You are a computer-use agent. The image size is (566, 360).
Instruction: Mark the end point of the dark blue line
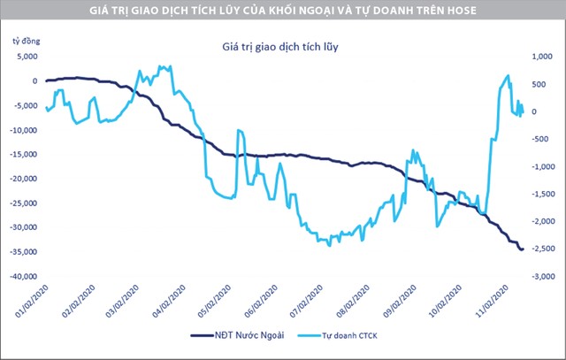pyautogui.click(x=522, y=249)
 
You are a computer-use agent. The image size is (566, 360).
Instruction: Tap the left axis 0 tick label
pyautogui.click(x=34, y=81)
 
